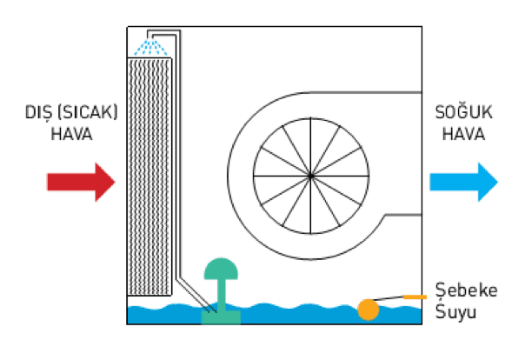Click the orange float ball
369,309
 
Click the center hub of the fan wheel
309,174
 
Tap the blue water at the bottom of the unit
287,315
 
